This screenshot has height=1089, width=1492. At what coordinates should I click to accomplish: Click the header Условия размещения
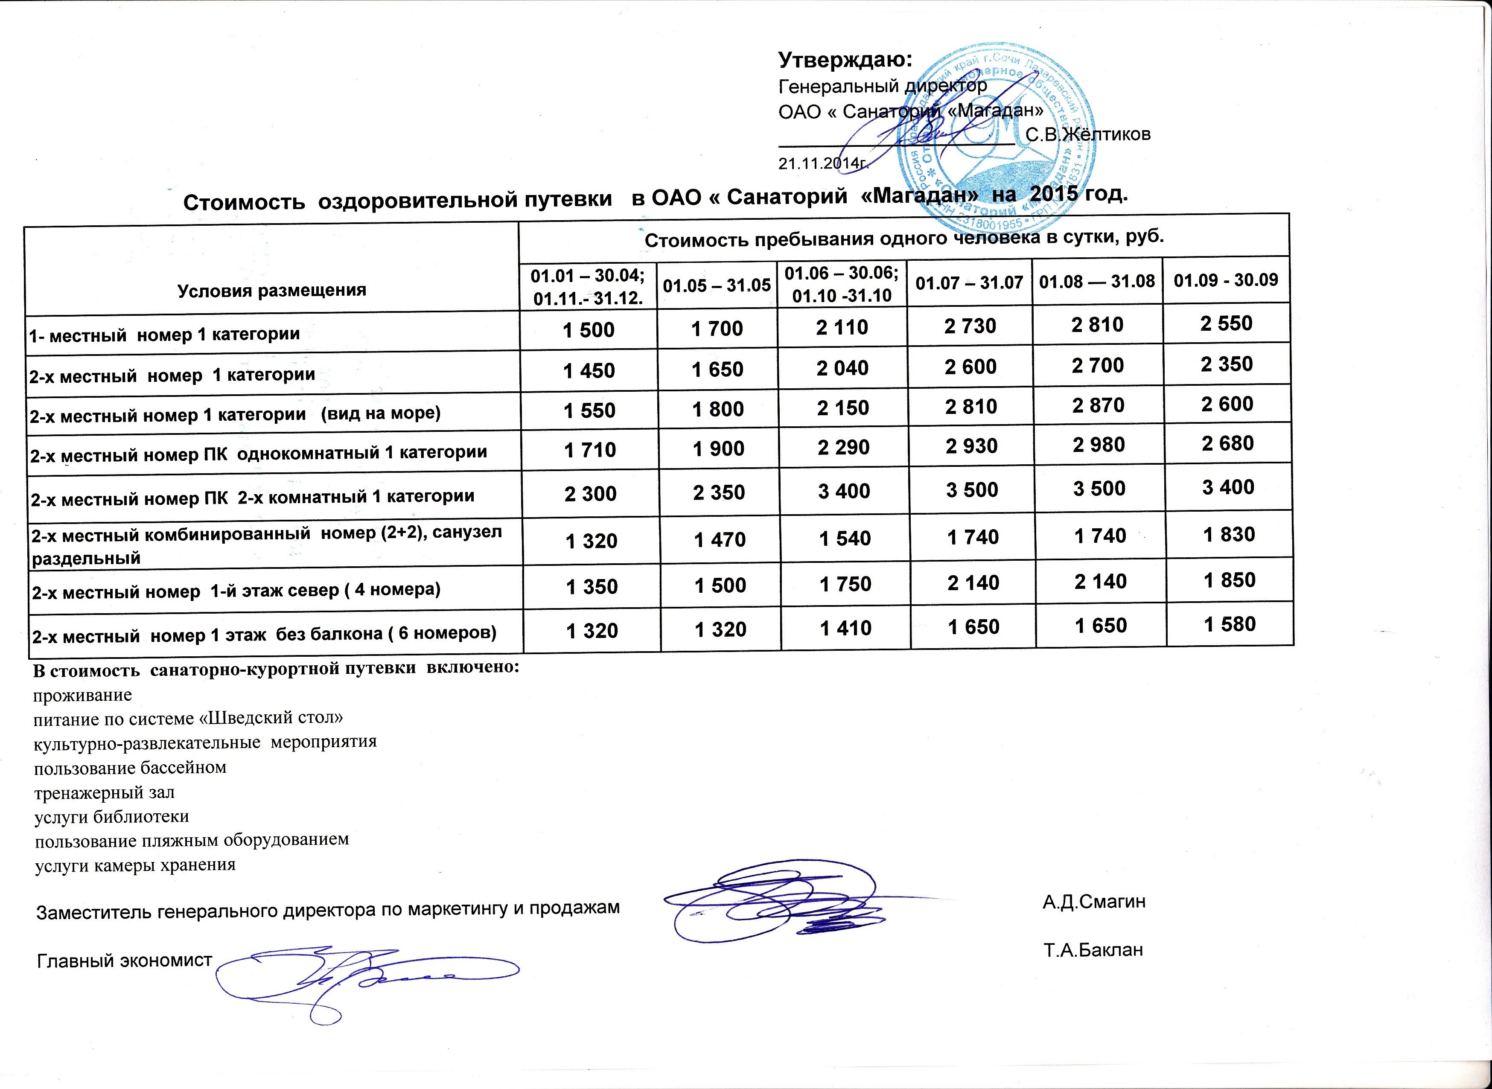pos(271,290)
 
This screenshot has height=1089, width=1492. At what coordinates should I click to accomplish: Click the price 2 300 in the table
pos(590,493)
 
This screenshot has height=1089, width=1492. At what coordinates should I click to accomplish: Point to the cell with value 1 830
pos(1229,534)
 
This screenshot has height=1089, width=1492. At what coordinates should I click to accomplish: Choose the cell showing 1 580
pos(1230,623)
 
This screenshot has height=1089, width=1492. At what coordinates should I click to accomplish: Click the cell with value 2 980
pos(1099,445)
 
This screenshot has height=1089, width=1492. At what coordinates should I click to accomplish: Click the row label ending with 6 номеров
pos(264,634)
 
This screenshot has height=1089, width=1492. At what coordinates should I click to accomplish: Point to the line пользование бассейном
pos(130,768)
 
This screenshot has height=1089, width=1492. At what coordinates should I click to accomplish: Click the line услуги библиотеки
pos(111,817)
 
